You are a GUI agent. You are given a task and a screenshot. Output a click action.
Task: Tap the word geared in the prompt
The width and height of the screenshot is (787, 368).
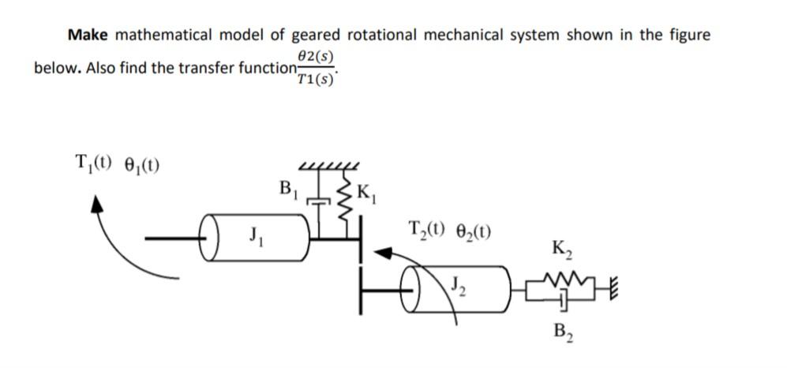[316, 35]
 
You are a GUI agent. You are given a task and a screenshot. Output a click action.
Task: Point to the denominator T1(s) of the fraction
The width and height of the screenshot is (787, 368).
[317, 78]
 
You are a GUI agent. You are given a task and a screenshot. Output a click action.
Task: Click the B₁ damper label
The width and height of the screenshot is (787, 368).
[289, 190]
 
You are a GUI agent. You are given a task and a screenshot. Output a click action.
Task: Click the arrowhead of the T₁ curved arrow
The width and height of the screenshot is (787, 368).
[99, 207]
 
